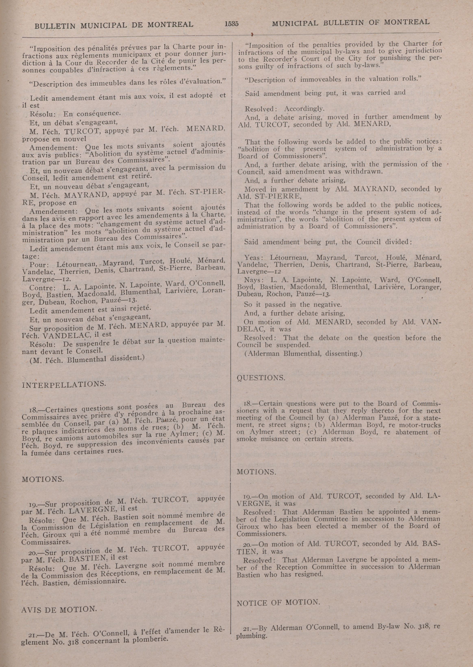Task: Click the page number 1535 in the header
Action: coord(232,24)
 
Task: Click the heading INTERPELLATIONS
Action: coord(64,384)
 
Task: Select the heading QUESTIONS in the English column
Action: coord(261,378)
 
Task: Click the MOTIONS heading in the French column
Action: coord(43,479)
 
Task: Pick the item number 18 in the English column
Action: coord(248,404)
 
